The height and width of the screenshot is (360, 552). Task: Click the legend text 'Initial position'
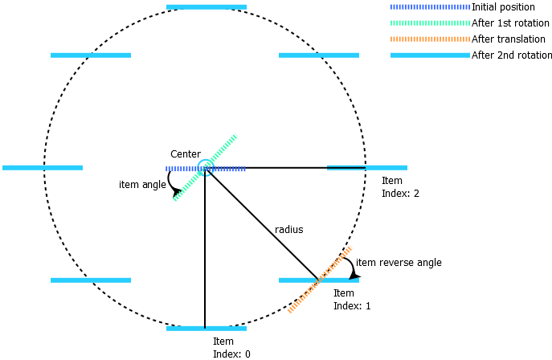[503, 7]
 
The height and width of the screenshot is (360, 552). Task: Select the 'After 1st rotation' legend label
[509, 23]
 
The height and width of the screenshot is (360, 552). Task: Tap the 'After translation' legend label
[505, 39]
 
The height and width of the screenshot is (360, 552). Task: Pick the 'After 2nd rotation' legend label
[512, 55]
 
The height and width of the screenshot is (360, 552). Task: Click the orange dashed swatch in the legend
[430, 39]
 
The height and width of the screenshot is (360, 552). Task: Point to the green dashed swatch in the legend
[430, 23]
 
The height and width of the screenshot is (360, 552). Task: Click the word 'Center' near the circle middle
[186, 154]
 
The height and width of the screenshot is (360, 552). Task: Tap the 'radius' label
[289, 230]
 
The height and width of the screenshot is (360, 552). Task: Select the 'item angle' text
[142, 185]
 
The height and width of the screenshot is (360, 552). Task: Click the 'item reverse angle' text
[399, 263]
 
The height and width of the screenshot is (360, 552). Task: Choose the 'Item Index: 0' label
[231, 348]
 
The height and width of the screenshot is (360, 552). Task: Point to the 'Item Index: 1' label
[352, 300]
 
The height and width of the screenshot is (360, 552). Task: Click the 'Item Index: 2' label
[400, 187]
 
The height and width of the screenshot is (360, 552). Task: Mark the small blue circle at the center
[205, 167]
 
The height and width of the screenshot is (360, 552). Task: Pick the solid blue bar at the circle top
[206, 7]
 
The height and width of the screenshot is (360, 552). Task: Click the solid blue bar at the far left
[43, 168]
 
